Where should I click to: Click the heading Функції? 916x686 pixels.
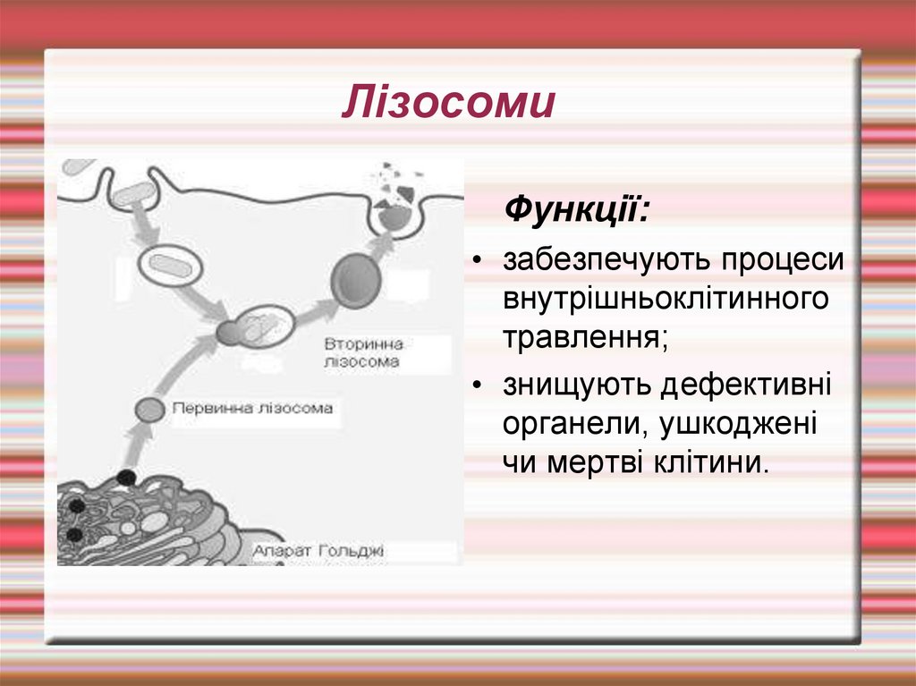[578, 212]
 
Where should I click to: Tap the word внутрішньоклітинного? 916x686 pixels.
[665, 299]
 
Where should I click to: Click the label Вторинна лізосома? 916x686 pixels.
[362, 353]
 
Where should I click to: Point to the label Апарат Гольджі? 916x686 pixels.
[318, 551]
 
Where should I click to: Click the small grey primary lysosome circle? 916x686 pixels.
[150, 410]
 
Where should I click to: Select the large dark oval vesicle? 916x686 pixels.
[350, 279]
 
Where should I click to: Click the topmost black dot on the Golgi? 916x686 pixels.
[127, 477]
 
